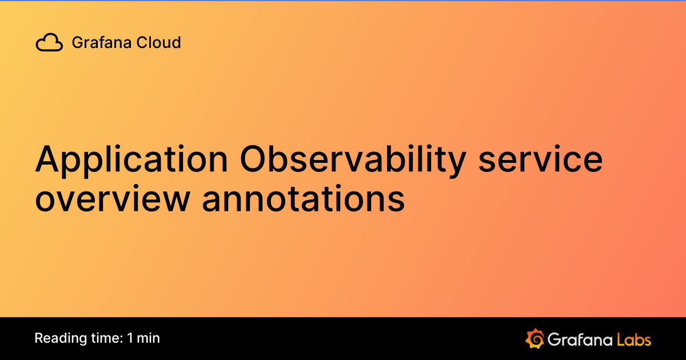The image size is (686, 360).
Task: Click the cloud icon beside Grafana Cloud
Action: click(x=49, y=43)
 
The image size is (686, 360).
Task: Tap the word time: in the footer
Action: click(x=103, y=338)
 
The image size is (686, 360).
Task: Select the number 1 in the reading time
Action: click(x=130, y=338)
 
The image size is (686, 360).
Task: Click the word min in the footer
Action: click(x=149, y=338)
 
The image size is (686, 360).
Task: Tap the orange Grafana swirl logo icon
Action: click(x=534, y=338)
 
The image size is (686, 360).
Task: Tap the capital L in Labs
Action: click(x=620, y=339)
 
